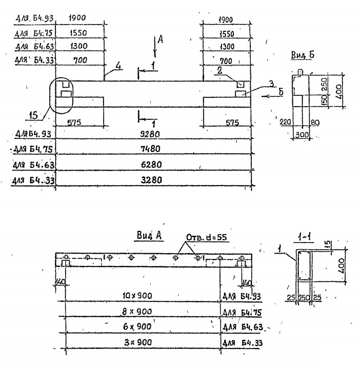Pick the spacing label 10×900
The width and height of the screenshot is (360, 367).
click(137, 296)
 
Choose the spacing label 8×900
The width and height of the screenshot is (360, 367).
click(137, 311)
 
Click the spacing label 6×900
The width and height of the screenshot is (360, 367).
click(137, 326)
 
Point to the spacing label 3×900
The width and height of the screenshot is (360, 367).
click(137, 341)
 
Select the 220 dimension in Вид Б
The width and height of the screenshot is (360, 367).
click(285, 123)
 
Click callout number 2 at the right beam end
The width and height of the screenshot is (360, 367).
click(219, 72)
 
